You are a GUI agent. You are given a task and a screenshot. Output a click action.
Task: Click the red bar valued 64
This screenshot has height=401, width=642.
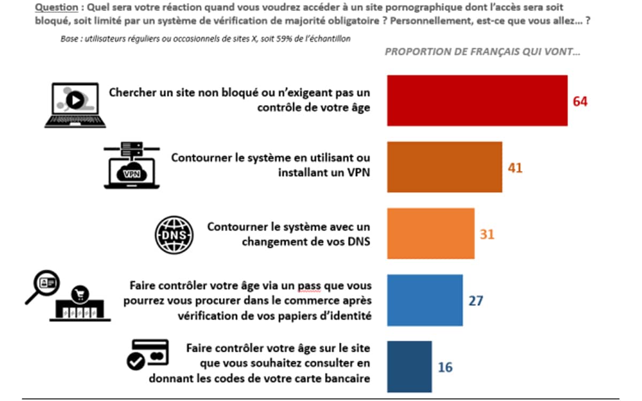click(x=477, y=101)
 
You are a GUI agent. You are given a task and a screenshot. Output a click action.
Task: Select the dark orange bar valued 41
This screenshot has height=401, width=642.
click(x=445, y=167)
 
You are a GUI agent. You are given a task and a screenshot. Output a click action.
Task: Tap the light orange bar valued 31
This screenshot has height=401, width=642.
click(x=431, y=234)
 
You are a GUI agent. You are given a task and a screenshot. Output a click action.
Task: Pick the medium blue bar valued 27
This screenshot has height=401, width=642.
click(x=425, y=300)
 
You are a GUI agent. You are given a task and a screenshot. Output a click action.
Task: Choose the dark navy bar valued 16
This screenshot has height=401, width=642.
click(x=409, y=367)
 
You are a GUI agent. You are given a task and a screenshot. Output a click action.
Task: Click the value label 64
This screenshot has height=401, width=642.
click(x=580, y=101)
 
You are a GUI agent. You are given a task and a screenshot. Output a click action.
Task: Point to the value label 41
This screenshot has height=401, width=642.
click(x=515, y=168)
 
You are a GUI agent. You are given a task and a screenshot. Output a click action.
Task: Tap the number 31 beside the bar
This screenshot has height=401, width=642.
click(x=487, y=234)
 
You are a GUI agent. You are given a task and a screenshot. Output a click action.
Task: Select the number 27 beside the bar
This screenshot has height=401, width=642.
click(x=476, y=300)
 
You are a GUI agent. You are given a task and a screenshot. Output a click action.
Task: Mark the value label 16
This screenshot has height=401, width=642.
click(x=445, y=367)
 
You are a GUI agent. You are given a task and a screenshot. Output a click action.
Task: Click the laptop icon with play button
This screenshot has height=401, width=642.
click(x=75, y=105)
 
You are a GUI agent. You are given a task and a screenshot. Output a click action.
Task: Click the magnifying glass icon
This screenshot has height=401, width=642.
click(x=43, y=286)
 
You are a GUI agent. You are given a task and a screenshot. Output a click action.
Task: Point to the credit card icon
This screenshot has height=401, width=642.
click(x=148, y=354)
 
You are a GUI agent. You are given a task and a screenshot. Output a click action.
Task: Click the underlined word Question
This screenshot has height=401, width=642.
click(x=56, y=8)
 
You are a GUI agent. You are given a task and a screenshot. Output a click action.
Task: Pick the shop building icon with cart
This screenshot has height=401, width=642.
click(x=80, y=305)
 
